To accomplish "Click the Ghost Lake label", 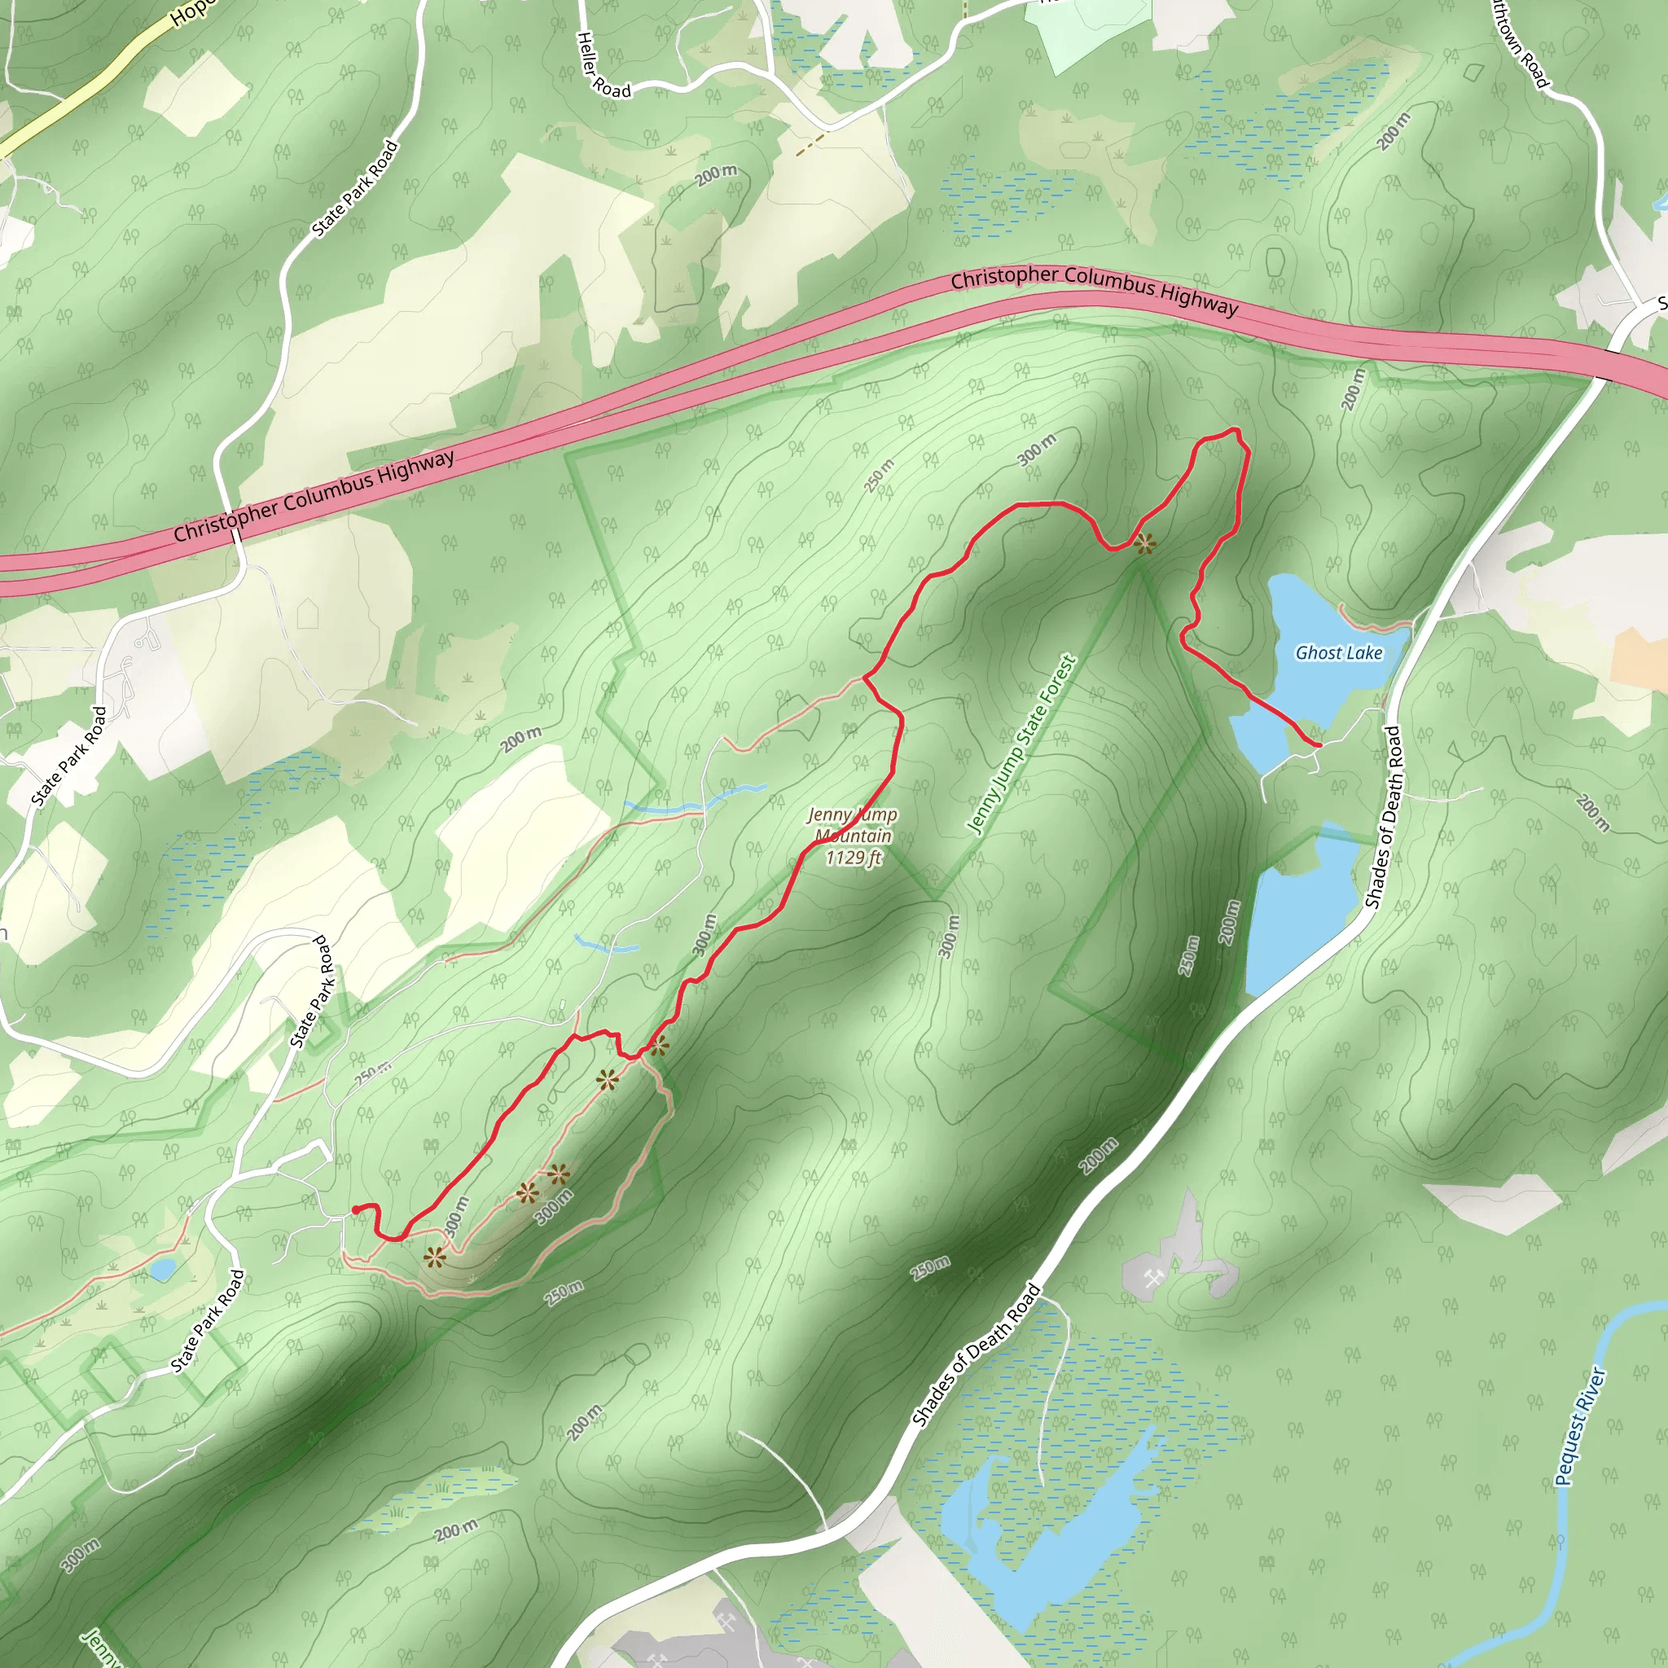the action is (1338, 652).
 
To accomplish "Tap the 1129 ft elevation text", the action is (853, 858).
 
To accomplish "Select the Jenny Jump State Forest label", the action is (1021, 745).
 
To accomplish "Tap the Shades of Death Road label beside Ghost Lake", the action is (1383, 817).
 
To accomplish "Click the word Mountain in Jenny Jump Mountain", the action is (853, 836).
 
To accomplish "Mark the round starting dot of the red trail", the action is (356, 1209).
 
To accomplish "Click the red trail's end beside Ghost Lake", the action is (1319, 744).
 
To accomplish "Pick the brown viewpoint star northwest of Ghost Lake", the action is (1144, 544).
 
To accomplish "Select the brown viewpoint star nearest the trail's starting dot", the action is (434, 1257).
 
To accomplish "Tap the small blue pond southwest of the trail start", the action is (161, 1268).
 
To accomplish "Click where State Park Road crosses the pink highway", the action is (235, 535).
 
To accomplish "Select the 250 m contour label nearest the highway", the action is (879, 476).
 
